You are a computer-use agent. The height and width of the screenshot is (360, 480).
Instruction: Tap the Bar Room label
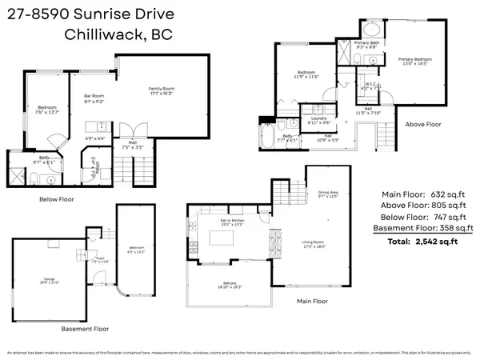pyautogui.click(x=94, y=101)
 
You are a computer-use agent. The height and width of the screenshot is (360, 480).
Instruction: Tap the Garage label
pyautogui.click(x=39, y=280)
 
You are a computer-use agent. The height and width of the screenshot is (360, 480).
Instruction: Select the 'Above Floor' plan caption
pyautogui.click(x=422, y=124)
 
